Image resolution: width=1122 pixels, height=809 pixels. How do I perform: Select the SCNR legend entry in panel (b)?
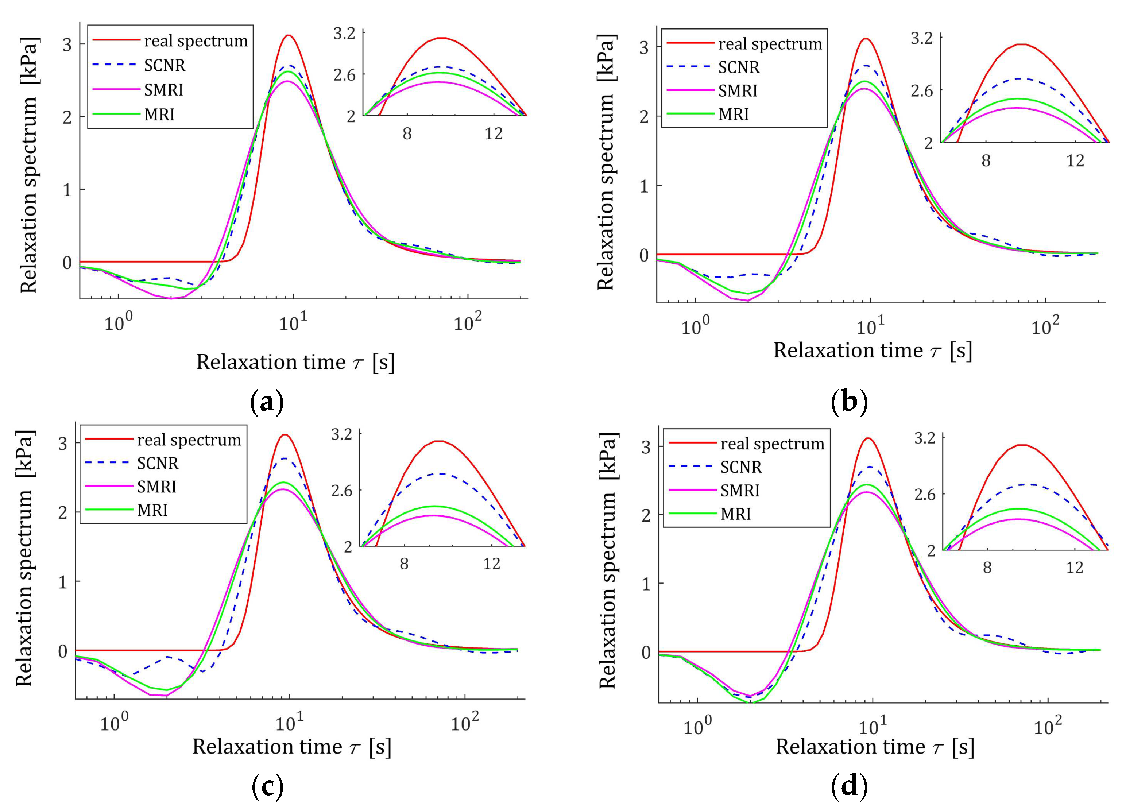tap(738, 67)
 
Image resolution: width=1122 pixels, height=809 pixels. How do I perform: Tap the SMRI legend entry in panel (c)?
tap(156, 487)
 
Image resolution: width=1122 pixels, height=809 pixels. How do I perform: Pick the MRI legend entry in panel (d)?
tap(736, 514)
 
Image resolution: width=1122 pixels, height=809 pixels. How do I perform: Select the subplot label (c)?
tap(267, 786)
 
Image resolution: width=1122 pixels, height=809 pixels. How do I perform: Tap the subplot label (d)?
tap(849, 786)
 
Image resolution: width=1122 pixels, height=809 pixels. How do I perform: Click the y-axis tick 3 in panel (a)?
tap(67, 44)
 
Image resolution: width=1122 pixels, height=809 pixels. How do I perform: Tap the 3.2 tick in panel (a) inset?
tap(344, 34)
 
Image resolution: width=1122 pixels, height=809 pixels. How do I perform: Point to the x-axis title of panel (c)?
tap(292, 747)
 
